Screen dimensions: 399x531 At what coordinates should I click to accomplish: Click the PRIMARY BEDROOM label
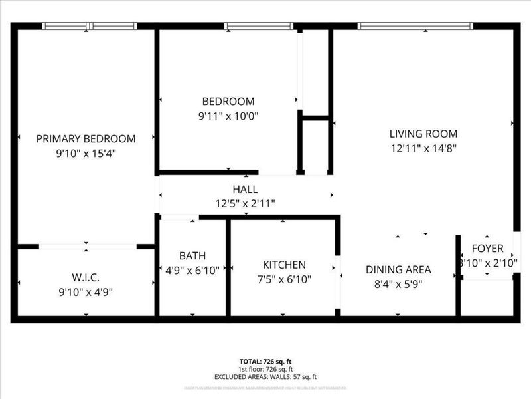point(86,139)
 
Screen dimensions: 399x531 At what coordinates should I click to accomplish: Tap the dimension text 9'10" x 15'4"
point(86,153)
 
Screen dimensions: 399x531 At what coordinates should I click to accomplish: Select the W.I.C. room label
point(86,277)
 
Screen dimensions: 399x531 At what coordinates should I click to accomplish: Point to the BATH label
point(192,256)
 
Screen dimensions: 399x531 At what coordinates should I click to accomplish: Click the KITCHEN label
point(284,265)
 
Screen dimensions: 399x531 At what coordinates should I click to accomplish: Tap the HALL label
point(245,190)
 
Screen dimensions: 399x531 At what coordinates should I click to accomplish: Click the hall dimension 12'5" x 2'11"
point(245,203)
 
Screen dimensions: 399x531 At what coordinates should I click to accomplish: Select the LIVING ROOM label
point(423,134)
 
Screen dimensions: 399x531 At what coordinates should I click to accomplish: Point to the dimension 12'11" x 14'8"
point(423,148)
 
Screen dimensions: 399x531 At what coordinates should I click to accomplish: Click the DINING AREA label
point(398,269)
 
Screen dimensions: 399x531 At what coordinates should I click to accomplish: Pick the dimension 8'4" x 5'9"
point(398,283)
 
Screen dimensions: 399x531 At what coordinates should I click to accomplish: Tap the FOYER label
point(488,249)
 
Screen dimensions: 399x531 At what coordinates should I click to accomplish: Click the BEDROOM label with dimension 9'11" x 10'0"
point(228,102)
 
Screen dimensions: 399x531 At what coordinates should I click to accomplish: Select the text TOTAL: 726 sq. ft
point(265,362)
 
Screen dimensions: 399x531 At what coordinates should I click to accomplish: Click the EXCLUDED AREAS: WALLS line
point(265,376)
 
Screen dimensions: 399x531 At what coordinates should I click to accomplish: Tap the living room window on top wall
point(415,26)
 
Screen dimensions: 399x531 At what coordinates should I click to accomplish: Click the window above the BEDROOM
point(259,26)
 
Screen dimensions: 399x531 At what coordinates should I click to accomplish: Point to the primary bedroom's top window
point(89,26)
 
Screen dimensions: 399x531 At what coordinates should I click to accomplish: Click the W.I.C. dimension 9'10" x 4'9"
point(86,291)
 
